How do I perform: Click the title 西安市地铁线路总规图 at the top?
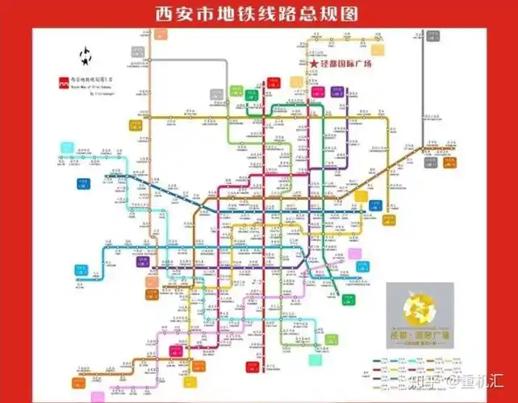coord(258,15)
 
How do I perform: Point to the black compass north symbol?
coord(84,55)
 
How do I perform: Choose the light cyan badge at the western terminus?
coord(64,147)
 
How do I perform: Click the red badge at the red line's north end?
coord(274,81)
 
